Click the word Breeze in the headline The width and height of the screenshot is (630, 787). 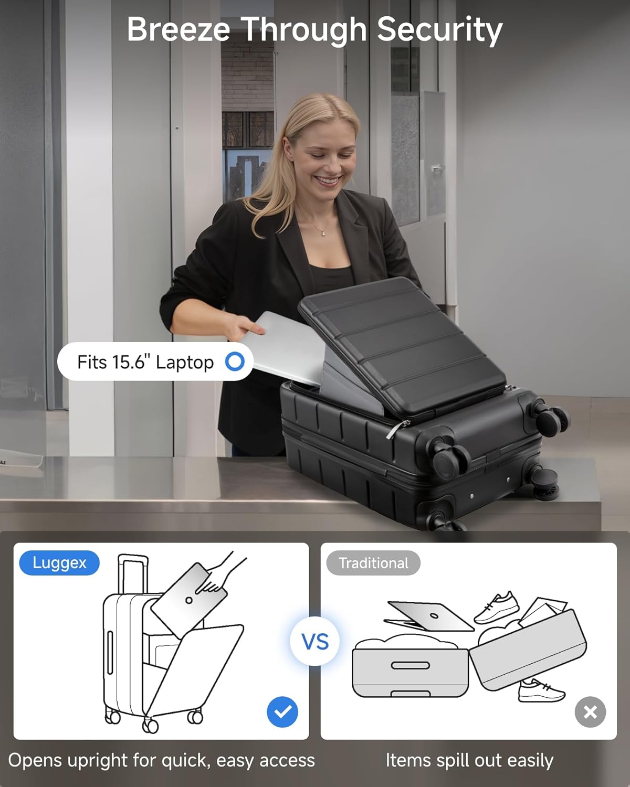[178, 29]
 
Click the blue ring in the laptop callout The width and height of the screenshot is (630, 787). [235, 361]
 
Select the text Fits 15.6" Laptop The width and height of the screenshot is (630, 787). [145, 363]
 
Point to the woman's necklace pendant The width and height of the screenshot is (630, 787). [323, 233]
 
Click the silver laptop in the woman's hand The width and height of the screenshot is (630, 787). [286, 347]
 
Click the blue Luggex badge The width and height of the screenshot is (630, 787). [59, 563]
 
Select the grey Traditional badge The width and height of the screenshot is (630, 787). [373, 563]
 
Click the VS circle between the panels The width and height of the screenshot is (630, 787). [315, 641]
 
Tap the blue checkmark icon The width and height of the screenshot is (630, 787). [282, 711]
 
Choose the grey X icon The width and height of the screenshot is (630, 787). [590, 712]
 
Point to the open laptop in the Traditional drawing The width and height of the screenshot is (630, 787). [429, 616]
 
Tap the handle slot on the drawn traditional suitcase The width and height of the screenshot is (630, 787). [411, 665]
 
